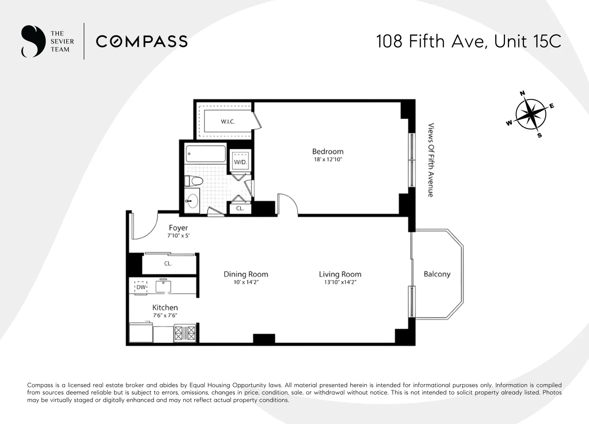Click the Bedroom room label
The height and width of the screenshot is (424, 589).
click(x=328, y=151)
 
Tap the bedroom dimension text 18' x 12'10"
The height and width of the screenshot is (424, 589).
click(x=328, y=159)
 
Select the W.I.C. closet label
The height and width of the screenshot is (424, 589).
click(x=228, y=121)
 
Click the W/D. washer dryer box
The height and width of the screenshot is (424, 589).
click(x=240, y=161)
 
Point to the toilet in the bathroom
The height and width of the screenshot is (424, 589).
click(x=193, y=181)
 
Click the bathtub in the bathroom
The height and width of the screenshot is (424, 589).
click(x=206, y=154)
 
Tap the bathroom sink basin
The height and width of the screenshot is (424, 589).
click(x=193, y=201)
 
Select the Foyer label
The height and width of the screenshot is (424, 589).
click(x=178, y=228)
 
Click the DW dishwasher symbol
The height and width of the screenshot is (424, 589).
click(x=141, y=287)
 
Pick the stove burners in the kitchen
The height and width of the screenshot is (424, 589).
click(x=185, y=333)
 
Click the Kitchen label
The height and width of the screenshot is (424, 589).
click(x=165, y=307)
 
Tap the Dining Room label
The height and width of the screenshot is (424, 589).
click(x=246, y=274)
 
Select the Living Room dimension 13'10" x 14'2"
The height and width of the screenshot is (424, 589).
click(x=340, y=282)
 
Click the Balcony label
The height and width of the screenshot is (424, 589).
click(x=437, y=274)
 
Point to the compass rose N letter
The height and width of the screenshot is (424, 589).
click(x=522, y=93)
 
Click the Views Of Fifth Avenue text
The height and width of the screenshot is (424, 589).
click(x=431, y=160)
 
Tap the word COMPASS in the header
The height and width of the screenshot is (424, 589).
click(x=142, y=42)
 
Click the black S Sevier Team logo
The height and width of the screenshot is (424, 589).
click(x=33, y=41)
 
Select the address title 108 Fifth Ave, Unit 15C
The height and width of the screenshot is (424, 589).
click(x=469, y=41)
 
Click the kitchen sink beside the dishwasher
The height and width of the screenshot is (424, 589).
click(x=163, y=286)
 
